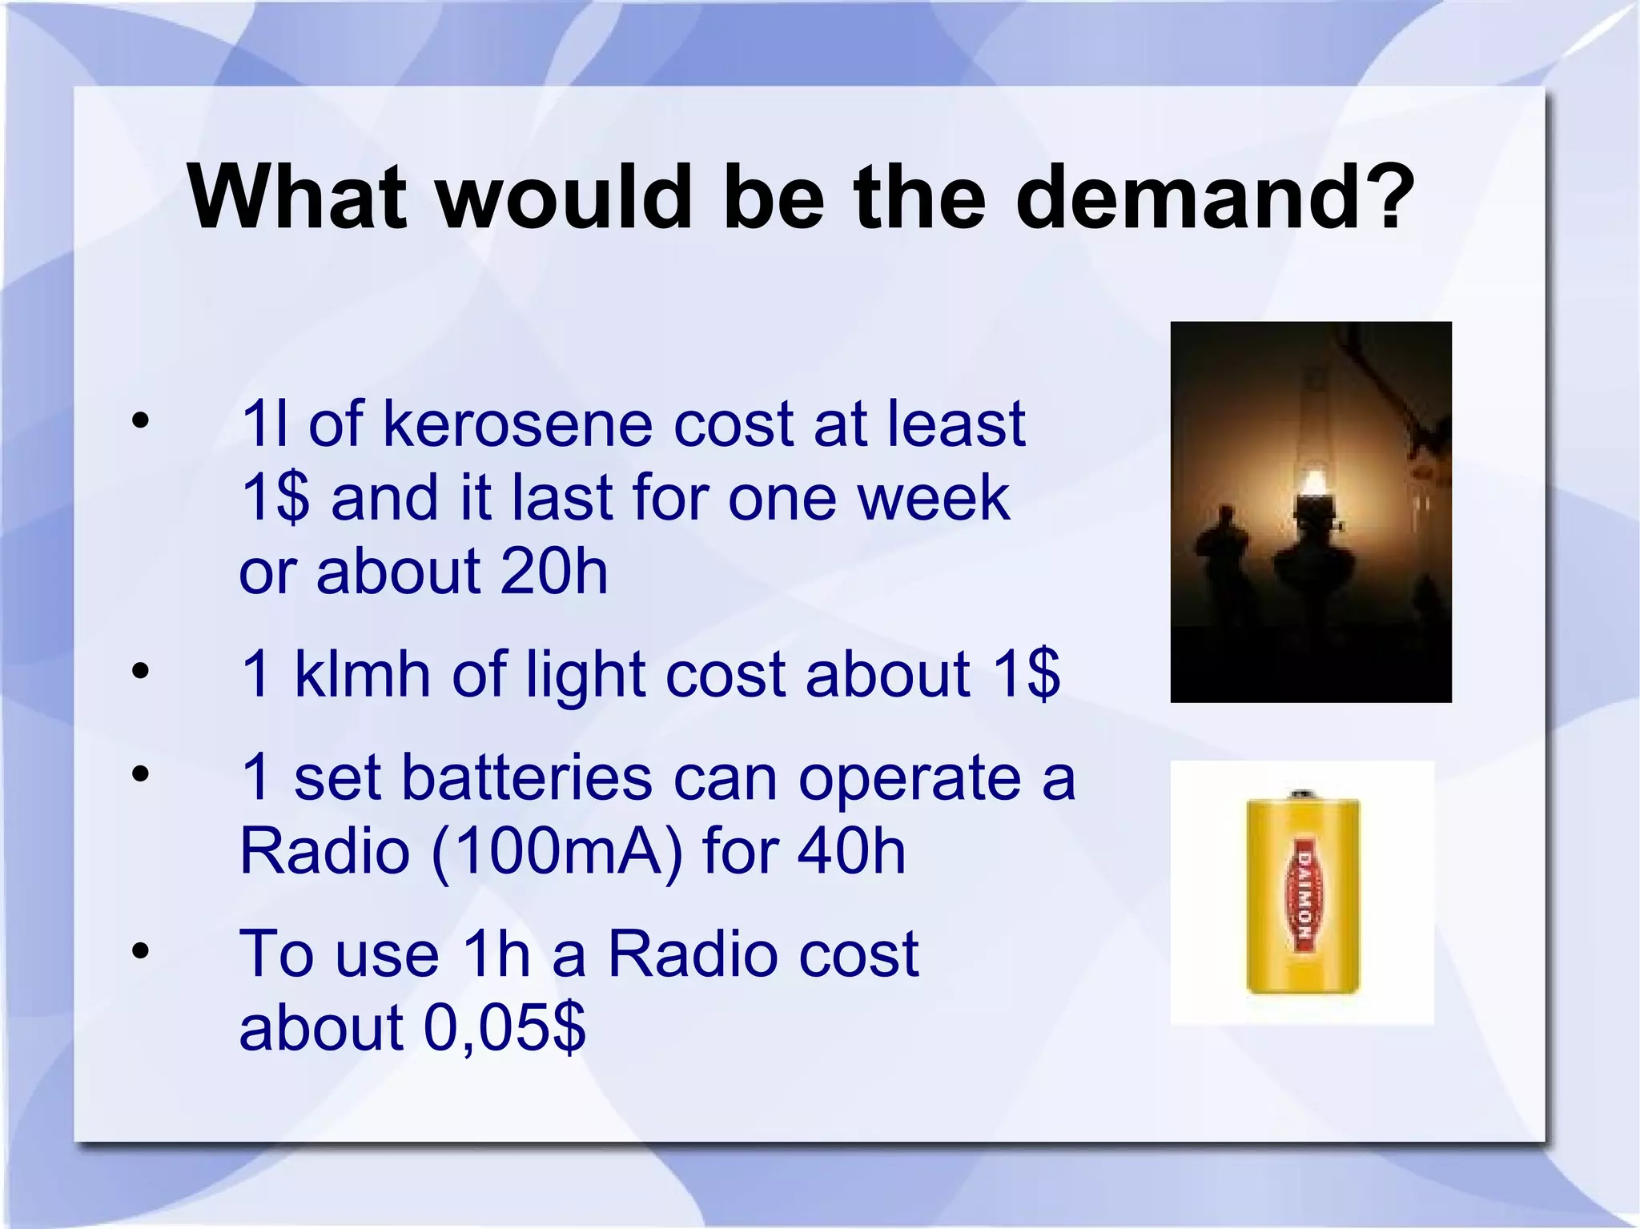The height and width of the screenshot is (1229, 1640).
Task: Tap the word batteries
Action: [x=527, y=777]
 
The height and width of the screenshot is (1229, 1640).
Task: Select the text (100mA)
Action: [x=557, y=851]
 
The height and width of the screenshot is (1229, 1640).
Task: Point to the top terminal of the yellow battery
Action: [x=1303, y=795]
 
